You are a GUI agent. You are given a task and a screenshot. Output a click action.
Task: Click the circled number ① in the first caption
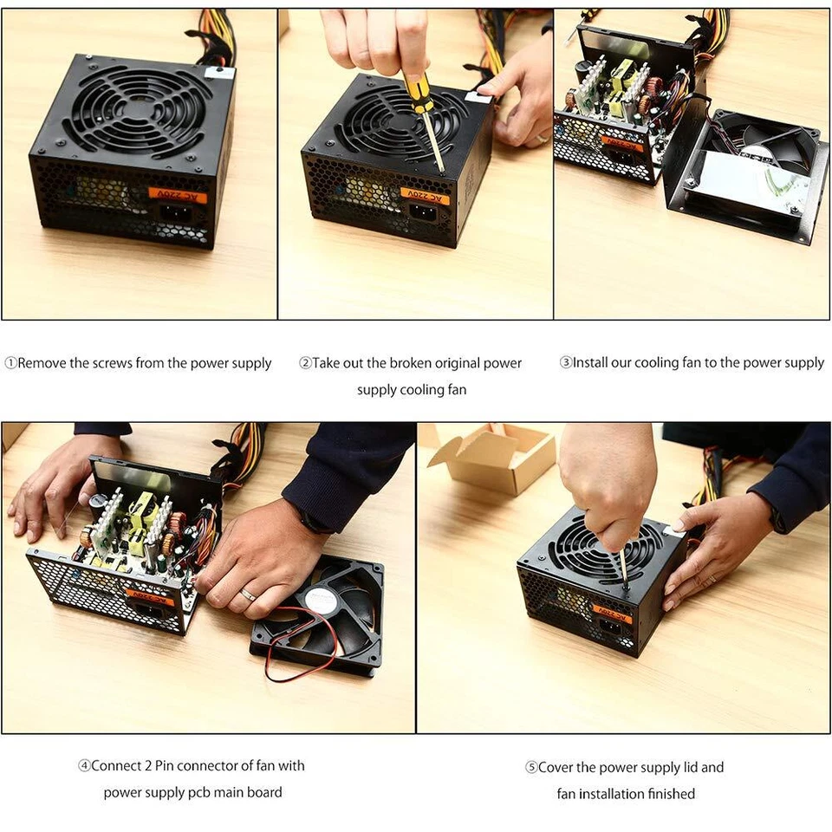[x=10, y=363]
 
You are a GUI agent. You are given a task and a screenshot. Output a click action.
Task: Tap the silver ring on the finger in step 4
[x=248, y=595]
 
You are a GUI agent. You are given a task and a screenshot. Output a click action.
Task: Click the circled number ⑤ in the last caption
[x=531, y=768]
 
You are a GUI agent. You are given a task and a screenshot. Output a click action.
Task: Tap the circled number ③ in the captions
[x=565, y=363]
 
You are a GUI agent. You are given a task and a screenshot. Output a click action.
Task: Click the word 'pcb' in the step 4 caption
[x=207, y=792]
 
